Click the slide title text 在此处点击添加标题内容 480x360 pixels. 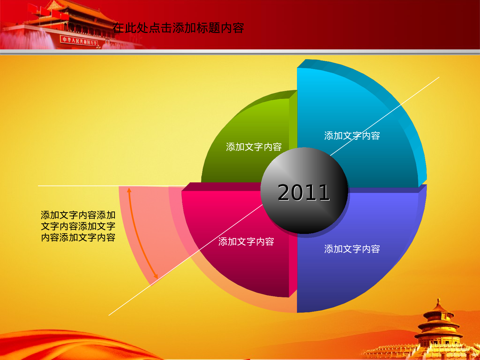(178, 28)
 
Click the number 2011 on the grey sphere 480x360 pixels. (303, 193)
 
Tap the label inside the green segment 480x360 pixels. (254, 147)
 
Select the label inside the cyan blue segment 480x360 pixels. (352, 136)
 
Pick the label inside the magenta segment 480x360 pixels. (246, 242)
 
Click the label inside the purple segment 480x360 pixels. (352, 249)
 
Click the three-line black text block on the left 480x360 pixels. (78, 226)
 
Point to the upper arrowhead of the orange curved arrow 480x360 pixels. (129, 190)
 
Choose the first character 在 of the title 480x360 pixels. (118, 28)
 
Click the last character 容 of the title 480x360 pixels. (238, 28)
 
